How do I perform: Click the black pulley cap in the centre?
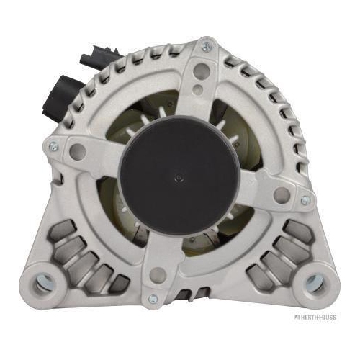(x=179, y=174)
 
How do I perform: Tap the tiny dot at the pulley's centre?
(x=179, y=178)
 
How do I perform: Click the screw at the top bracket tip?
(x=206, y=46)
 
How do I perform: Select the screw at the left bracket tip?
(x=53, y=146)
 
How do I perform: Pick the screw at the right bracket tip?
(x=305, y=200)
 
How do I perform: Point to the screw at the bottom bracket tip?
(x=153, y=299)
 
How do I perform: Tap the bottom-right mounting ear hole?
(x=315, y=284)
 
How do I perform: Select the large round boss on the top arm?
(x=202, y=71)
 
